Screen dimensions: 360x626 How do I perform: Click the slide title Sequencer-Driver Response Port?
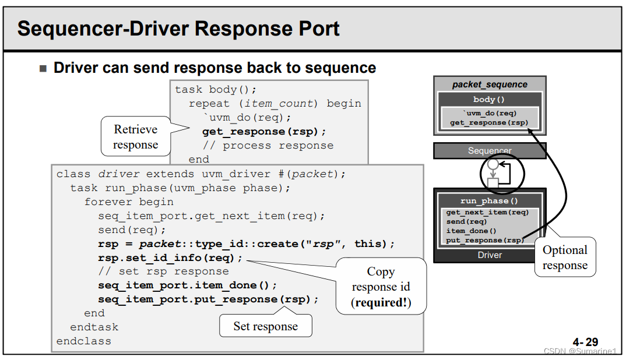178,28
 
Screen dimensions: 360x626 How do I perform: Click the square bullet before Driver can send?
43,69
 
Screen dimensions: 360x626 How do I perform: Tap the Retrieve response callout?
135,137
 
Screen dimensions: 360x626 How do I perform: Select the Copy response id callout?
381,287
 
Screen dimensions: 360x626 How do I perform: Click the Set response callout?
265,326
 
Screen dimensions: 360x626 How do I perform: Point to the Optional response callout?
565,257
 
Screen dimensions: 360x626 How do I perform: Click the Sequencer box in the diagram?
490,151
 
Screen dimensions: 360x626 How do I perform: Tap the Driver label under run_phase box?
490,255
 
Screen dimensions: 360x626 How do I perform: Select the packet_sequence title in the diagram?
490,84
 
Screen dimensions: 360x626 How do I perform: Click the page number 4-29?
585,342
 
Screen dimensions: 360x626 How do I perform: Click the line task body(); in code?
216,90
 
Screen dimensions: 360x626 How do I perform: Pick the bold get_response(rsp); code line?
264,132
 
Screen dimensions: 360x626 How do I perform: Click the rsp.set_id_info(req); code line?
170,257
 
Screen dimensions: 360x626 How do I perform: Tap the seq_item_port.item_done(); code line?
187,285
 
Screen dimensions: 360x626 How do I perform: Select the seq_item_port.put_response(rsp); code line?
208,299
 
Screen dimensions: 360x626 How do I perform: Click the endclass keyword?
83,341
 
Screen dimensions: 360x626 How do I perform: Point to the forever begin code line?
129,202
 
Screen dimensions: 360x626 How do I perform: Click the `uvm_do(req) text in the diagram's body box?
490,113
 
